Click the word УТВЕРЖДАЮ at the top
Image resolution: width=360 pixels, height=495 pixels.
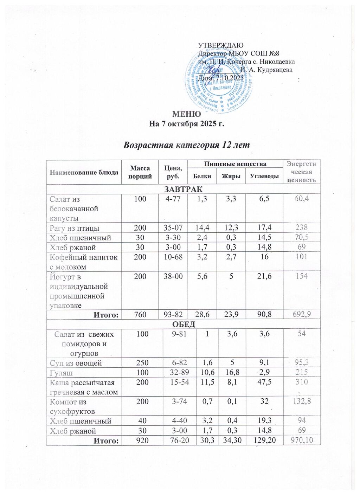(x=221, y=45)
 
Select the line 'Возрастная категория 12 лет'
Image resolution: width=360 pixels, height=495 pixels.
(x=187, y=145)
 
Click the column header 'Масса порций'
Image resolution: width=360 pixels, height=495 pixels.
(x=140, y=172)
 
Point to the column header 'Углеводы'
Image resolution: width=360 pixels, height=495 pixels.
(x=264, y=176)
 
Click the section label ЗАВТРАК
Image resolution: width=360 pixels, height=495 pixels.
(x=183, y=189)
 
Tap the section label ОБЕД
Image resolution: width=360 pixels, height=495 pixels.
(x=183, y=324)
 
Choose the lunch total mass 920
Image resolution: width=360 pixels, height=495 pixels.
(x=140, y=440)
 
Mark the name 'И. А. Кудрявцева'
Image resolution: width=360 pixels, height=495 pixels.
(x=266, y=70)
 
